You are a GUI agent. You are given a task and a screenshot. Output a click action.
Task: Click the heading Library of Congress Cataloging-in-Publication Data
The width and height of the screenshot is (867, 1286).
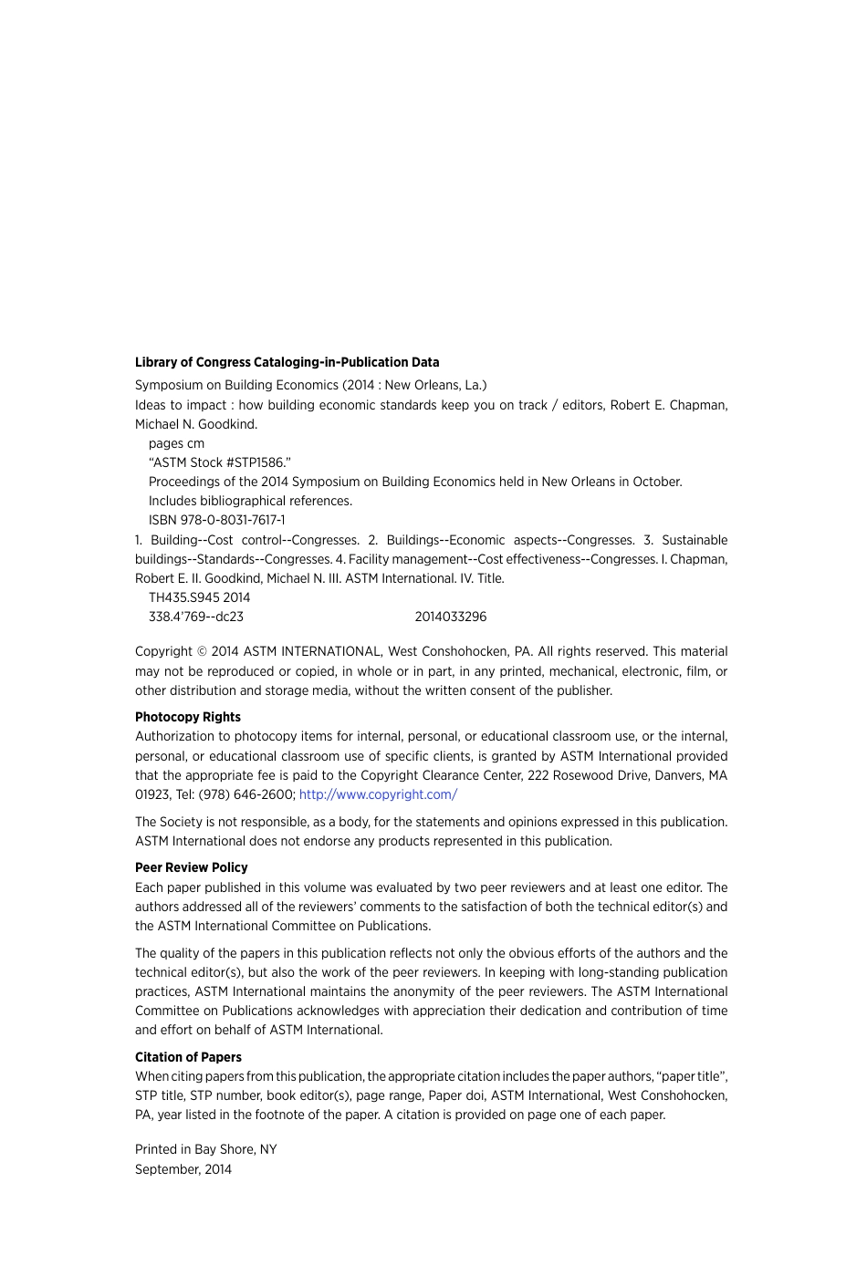click(x=287, y=362)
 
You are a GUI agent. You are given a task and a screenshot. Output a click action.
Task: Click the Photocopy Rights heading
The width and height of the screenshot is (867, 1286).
click(x=188, y=717)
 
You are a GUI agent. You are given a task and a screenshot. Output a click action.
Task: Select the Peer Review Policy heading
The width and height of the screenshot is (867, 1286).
click(x=192, y=867)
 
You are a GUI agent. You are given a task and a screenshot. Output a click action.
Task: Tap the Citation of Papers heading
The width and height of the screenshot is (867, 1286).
click(x=188, y=1057)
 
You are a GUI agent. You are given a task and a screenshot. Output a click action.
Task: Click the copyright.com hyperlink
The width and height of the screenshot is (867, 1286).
click(x=378, y=794)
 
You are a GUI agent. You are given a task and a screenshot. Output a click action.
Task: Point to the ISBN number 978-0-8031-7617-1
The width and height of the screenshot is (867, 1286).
click(x=233, y=520)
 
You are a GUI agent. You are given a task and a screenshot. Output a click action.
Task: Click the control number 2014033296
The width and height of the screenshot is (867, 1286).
click(x=451, y=617)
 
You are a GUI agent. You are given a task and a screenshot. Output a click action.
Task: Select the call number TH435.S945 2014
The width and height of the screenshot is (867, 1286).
click(x=199, y=597)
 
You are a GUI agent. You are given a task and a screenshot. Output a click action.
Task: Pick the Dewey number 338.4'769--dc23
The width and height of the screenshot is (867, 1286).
click(x=196, y=617)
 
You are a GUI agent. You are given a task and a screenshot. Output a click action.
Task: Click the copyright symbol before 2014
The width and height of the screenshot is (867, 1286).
click(x=202, y=652)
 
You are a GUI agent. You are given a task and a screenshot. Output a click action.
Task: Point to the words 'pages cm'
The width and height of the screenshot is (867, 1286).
click(x=176, y=443)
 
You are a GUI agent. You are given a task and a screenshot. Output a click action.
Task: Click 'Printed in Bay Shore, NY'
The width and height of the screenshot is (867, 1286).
click(x=205, y=1149)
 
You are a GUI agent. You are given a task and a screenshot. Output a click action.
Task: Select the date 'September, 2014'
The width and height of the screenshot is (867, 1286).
click(x=183, y=1169)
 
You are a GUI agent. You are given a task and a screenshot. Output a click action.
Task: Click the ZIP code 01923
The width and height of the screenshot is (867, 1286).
click(x=152, y=794)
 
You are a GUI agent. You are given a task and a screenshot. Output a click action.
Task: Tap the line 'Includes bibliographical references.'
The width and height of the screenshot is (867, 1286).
click(x=250, y=501)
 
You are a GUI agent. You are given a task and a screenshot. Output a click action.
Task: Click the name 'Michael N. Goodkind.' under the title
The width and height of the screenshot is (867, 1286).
click(x=196, y=424)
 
